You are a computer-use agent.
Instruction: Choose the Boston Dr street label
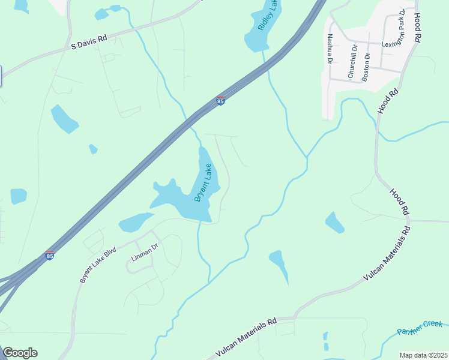[x=367, y=64]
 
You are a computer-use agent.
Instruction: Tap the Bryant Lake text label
[x=203, y=182]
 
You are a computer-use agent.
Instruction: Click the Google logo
[x=19, y=353]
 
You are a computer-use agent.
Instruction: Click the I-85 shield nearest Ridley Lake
[x=221, y=101]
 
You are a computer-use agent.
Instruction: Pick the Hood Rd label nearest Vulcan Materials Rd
[x=399, y=202]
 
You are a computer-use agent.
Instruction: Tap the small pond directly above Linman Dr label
[x=136, y=223]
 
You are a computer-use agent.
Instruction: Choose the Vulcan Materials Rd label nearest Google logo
[x=246, y=337]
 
